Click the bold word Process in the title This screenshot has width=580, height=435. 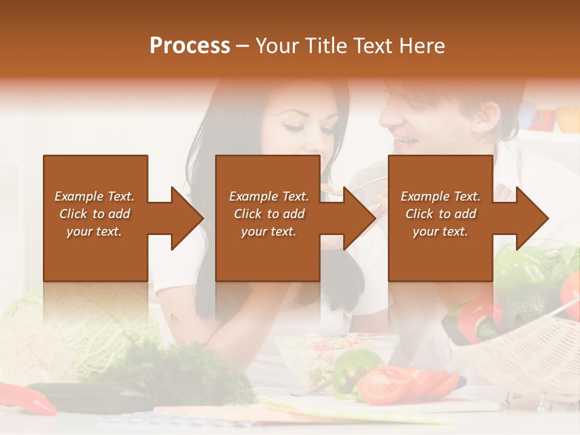(x=190, y=46)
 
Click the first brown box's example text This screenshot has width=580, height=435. (x=95, y=214)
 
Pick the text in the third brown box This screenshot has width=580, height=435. (x=440, y=214)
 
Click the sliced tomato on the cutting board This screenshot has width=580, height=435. (x=387, y=384)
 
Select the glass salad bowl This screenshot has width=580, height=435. (x=308, y=356)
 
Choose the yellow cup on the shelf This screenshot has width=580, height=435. (x=568, y=118)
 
